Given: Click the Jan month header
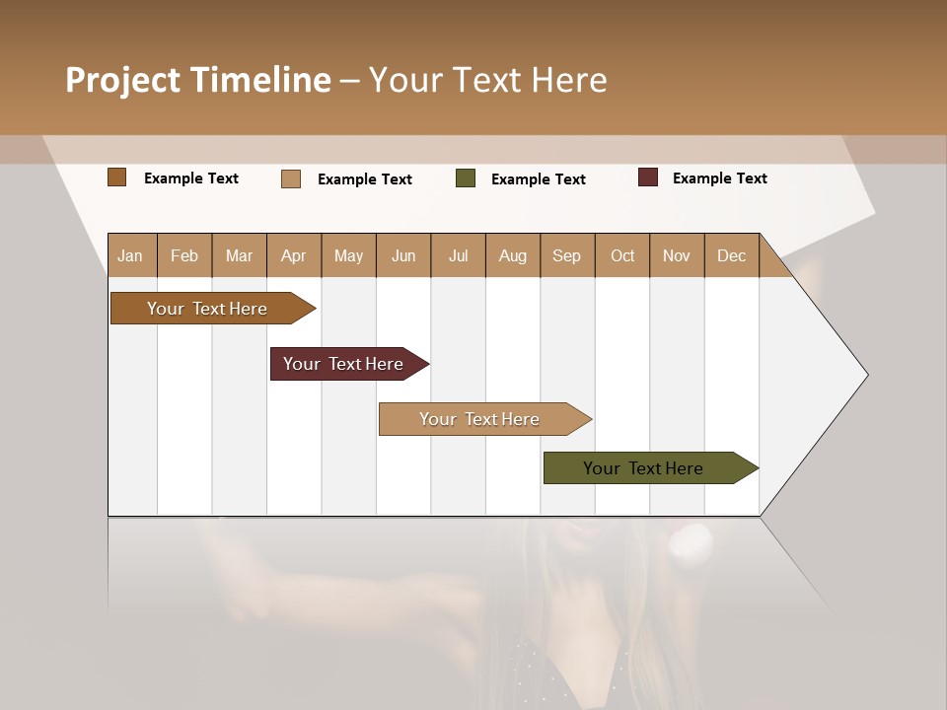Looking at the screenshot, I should tap(130, 255).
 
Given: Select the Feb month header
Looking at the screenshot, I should tap(184, 255).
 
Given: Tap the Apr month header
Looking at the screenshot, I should tap(293, 255).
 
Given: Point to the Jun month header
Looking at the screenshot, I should tap(403, 255).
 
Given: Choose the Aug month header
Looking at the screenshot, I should tap(512, 255).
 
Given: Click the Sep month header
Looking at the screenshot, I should tap(566, 255).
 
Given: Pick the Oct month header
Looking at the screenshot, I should tap(622, 255).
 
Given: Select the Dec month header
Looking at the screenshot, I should tap(731, 255).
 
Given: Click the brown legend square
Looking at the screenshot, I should tap(117, 177).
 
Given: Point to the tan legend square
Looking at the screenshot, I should tap(291, 178).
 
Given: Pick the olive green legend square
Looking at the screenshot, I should tap(466, 178).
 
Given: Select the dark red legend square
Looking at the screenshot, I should tap(648, 177).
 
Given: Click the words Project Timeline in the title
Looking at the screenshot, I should tap(198, 80).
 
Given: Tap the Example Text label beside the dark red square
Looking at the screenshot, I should tap(719, 178).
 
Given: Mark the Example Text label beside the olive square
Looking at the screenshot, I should tap(538, 179).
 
